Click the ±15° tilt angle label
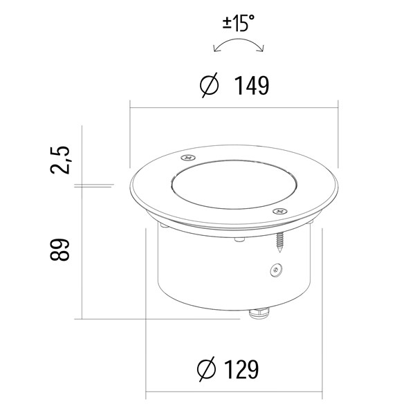[238, 24]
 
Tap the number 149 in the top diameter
[252, 86]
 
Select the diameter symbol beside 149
[209, 85]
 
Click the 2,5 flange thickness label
[60, 160]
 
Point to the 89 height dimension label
[60, 250]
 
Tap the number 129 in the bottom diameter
[241, 369]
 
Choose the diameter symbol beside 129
[207, 369]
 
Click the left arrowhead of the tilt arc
[215, 48]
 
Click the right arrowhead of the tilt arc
[261, 48]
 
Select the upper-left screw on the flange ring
[188, 158]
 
